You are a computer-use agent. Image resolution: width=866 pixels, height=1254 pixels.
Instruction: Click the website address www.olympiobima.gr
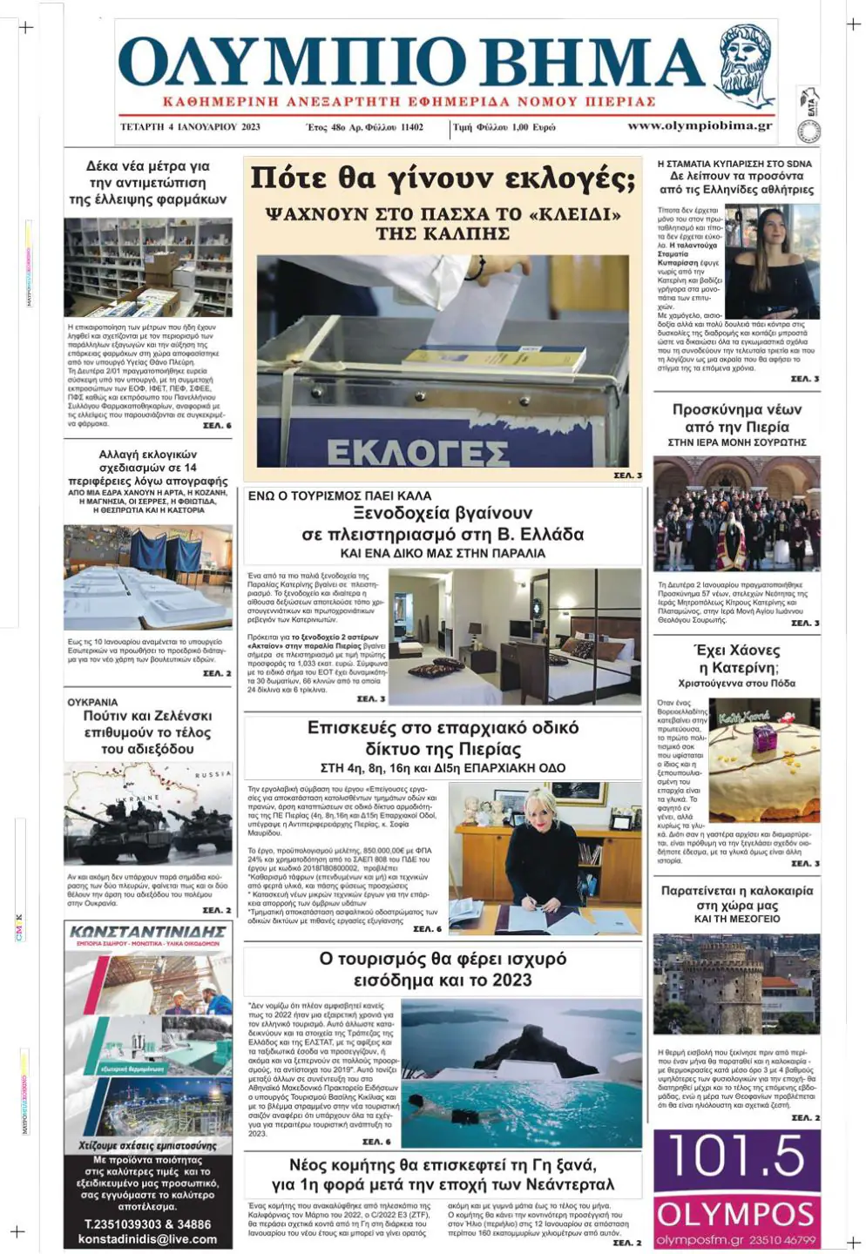tap(700, 126)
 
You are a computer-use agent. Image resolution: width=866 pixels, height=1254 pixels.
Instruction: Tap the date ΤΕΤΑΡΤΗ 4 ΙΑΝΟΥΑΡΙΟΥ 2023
tap(190, 127)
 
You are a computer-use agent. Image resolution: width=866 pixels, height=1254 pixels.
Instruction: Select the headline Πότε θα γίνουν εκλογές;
tap(442, 178)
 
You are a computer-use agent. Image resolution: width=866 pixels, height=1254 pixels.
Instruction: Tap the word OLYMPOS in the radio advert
tap(736, 1214)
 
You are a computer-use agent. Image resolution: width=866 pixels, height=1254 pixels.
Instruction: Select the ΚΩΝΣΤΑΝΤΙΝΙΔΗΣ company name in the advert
tap(148, 932)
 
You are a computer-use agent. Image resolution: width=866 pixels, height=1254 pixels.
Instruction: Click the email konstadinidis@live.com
tap(147, 1239)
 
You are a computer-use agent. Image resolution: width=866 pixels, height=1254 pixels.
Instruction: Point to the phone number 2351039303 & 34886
tap(147, 1224)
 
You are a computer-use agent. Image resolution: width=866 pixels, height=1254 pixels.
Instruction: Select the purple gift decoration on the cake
tap(765, 740)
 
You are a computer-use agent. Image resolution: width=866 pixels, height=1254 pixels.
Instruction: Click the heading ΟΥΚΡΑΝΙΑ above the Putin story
tap(92, 702)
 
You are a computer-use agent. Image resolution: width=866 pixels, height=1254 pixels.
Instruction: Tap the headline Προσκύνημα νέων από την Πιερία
tap(736, 418)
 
